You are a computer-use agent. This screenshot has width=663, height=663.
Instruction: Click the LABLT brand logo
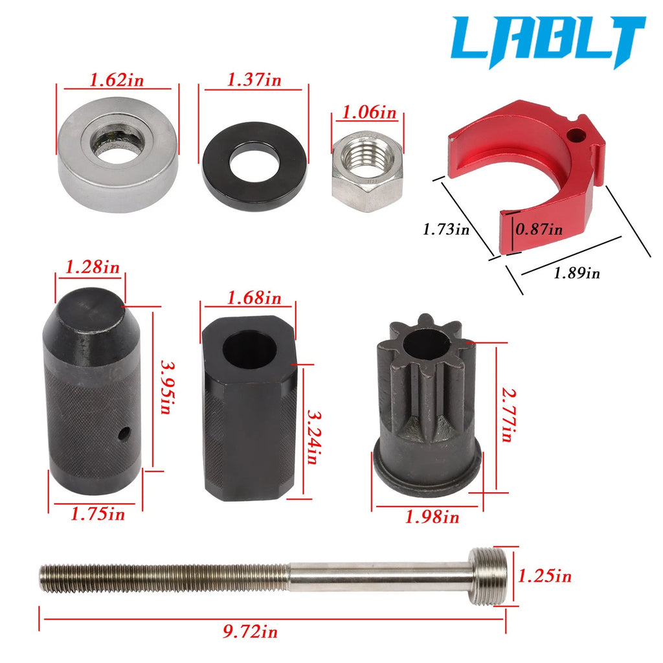point(548,41)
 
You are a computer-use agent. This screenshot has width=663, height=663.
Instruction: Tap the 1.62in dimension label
point(117,80)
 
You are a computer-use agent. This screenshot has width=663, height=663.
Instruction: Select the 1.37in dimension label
point(254,80)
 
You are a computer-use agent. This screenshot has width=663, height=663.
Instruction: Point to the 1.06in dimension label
point(369,113)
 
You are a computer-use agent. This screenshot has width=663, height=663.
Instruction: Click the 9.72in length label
point(251,632)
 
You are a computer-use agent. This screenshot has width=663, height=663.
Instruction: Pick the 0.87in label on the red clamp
point(539,229)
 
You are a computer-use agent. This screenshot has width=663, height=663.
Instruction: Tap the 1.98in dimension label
point(432,517)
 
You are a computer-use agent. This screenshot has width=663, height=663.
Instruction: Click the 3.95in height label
point(165,387)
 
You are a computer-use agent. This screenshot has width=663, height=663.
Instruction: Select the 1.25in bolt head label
point(545,576)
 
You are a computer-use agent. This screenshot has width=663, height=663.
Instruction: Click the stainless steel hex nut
point(367,171)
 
